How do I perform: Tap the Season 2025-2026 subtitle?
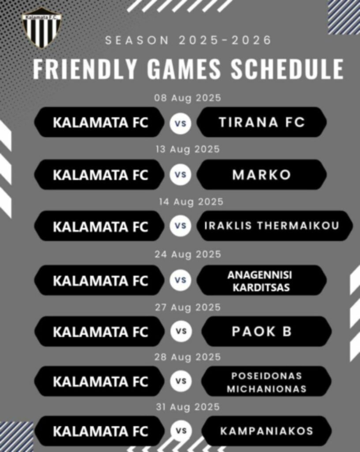188,40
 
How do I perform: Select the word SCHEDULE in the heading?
287,69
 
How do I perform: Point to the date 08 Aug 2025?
187,98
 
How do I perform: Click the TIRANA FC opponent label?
262,122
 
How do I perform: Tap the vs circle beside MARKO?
180,175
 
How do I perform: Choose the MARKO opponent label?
262,175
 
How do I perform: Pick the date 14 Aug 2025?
191,202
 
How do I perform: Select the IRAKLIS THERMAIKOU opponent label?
272,226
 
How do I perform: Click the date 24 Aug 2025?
188,255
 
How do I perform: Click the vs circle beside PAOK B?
181,331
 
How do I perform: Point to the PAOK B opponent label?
262,331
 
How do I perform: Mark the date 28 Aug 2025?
187,358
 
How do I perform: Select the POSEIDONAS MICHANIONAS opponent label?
266,382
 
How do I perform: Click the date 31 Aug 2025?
188,407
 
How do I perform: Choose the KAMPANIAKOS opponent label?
266,431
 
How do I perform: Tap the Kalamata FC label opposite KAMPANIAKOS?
101,432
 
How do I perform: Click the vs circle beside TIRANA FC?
180,123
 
